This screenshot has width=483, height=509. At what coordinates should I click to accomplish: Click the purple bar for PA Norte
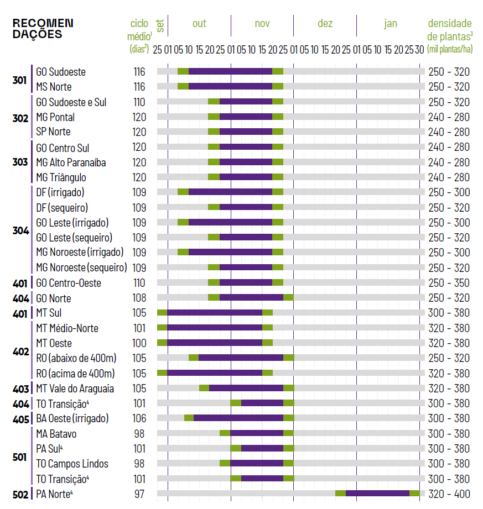[x=377, y=494]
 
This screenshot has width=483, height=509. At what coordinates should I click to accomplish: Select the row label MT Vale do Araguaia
[x=75, y=389]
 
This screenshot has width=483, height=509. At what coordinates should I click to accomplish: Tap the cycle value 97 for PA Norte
[x=139, y=494]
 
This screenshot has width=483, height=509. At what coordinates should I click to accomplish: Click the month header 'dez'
[x=325, y=24]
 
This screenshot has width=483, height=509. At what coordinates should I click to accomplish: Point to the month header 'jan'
[x=391, y=24]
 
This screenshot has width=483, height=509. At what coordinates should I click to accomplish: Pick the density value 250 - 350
[x=449, y=283]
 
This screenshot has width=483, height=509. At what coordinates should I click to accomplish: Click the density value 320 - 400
[x=449, y=494]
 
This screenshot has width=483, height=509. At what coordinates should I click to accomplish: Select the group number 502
[x=20, y=494]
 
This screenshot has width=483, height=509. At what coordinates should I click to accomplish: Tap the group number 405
[x=20, y=418]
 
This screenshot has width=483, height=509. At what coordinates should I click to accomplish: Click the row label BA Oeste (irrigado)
[x=72, y=418]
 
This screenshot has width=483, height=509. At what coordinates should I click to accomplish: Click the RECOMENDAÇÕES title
[x=43, y=29]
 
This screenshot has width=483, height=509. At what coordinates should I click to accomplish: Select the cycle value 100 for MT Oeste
[x=139, y=343]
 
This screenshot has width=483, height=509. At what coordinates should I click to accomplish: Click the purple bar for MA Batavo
[x=257, y=433]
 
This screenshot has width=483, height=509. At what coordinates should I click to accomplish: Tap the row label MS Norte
[x=54, y=87]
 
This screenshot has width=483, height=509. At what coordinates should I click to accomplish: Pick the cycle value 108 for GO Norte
[x=139, y=298]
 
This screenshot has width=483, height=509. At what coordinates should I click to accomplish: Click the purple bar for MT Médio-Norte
[x=215, y=328]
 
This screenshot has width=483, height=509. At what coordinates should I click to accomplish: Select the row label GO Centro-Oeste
[x=69, y=283]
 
